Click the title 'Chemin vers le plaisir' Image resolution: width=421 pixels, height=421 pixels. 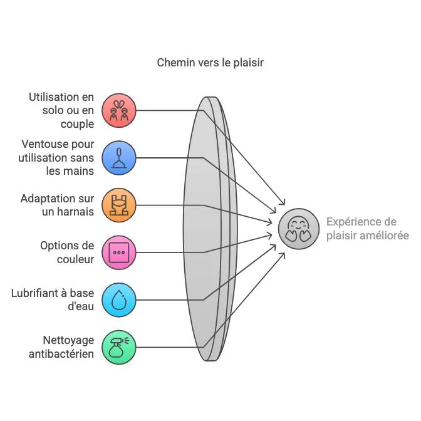[210, 63]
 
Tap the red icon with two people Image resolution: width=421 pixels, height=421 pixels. [118, 111]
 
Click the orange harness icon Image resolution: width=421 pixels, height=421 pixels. [118, 205]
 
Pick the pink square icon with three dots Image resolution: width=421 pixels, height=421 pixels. [118, 252]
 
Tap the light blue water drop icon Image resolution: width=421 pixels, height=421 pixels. [118, 300]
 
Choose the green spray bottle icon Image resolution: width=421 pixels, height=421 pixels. [118, 347]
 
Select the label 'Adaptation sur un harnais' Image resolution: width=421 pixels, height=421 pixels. [58, 205]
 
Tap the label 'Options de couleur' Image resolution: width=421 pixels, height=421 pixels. [67, 252]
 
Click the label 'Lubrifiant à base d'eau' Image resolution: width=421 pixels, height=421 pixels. [53, 300]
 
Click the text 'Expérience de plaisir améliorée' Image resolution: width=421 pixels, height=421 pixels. [367, 229]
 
